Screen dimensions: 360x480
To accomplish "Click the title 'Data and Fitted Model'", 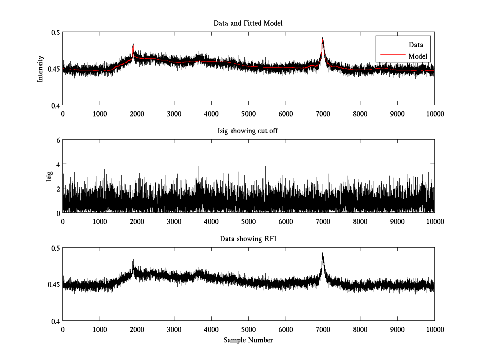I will tap(248, 23).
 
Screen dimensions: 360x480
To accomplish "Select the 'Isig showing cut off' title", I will tap(248, 131).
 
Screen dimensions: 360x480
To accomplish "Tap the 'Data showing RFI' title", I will tap(248, 239).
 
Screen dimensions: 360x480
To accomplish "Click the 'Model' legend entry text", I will tap(418, 56).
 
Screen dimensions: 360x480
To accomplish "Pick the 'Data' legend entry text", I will tap(416, 45).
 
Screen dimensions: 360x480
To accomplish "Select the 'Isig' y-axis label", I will tap(49, 176).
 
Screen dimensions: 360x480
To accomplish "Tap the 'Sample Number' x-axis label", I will tap(248, 340).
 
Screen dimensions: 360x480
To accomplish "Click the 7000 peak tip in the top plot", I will tap(322, 37).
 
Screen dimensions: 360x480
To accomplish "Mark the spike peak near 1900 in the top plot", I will tap(133, 41).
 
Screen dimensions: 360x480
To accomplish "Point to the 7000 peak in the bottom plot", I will tap(322, 253).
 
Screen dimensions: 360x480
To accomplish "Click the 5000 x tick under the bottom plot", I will tap(248, 329).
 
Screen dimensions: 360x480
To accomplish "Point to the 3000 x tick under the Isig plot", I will tap(174, 221).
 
